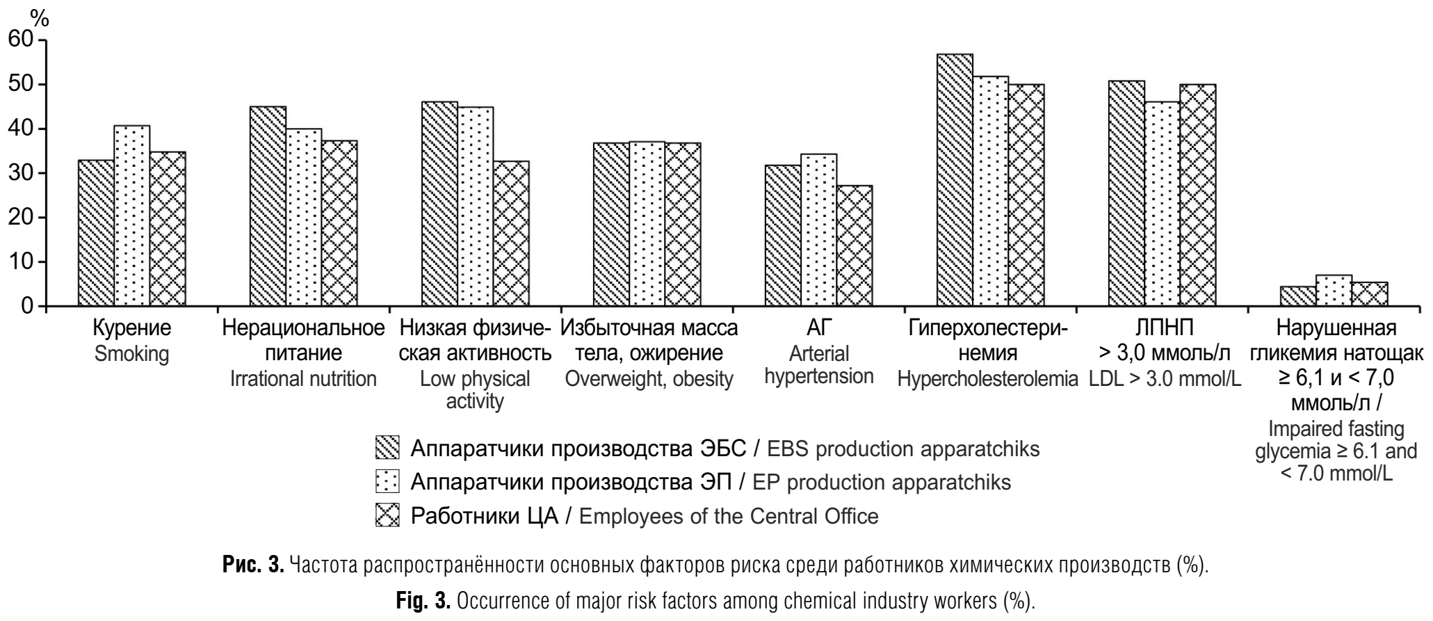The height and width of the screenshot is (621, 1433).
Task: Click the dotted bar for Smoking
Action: pyautogui.click(x=132, y=216)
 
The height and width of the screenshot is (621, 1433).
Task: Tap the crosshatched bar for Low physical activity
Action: pyautogui.click(x=512, y=234)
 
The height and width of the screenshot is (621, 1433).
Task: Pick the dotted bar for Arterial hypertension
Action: pyautogui.click(x=818, y=229)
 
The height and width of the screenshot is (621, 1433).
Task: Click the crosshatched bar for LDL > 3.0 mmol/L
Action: pyautogui.click(x=1198, y=195)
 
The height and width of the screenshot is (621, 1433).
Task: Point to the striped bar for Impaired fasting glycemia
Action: pyautogui.click(x=1298, y=296)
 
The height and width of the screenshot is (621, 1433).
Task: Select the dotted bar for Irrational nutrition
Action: pyautogui.click(x=304, y=217)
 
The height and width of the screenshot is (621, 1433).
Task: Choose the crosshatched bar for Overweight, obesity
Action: pyautogui.click(x=683, y=224)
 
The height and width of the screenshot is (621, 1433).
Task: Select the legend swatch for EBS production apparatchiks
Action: pyautogui.click(x=387, y=449)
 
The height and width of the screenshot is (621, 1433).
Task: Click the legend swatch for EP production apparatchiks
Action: pyautogui.click(x=387, y=482)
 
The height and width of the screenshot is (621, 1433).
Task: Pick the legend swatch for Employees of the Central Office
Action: pyautogui.click(x=387, y=515)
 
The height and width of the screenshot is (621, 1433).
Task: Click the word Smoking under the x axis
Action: pyautogui.click(x=131, y=354)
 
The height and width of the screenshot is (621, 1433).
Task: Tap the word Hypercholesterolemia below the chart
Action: pyautogui.click(x=987, y=380)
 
